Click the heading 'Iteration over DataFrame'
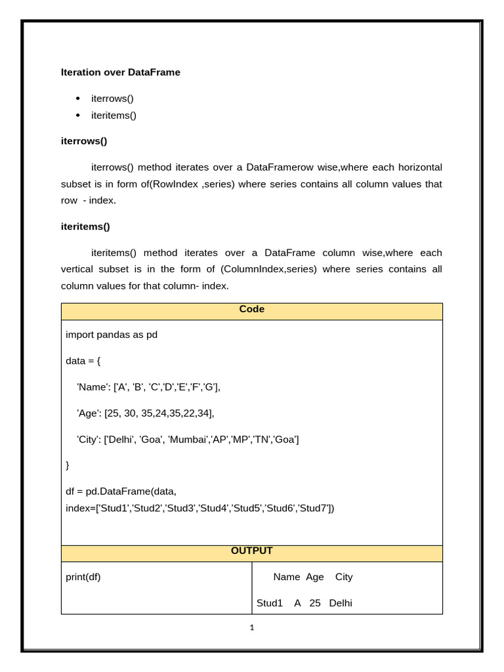point(120,72)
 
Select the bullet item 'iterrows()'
point(112,98)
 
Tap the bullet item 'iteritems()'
point(114,115)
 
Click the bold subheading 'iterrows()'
point(84,141)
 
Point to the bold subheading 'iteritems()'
point(85,226)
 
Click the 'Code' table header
point(251,309)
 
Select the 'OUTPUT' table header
point(251,551)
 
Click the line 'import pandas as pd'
point(112,335)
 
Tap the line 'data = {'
point(83,361)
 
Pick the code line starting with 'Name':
point(149,387)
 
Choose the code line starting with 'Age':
point(146,413)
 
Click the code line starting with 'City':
point(188,439)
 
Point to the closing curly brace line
point(68,465)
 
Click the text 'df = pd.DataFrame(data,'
point(121,491)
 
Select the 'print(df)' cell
point(83,577)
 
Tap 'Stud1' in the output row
point(269,603)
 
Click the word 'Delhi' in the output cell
point(341,603)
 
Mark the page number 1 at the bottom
point(252,627)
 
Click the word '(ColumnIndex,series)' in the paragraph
point(269,269)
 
